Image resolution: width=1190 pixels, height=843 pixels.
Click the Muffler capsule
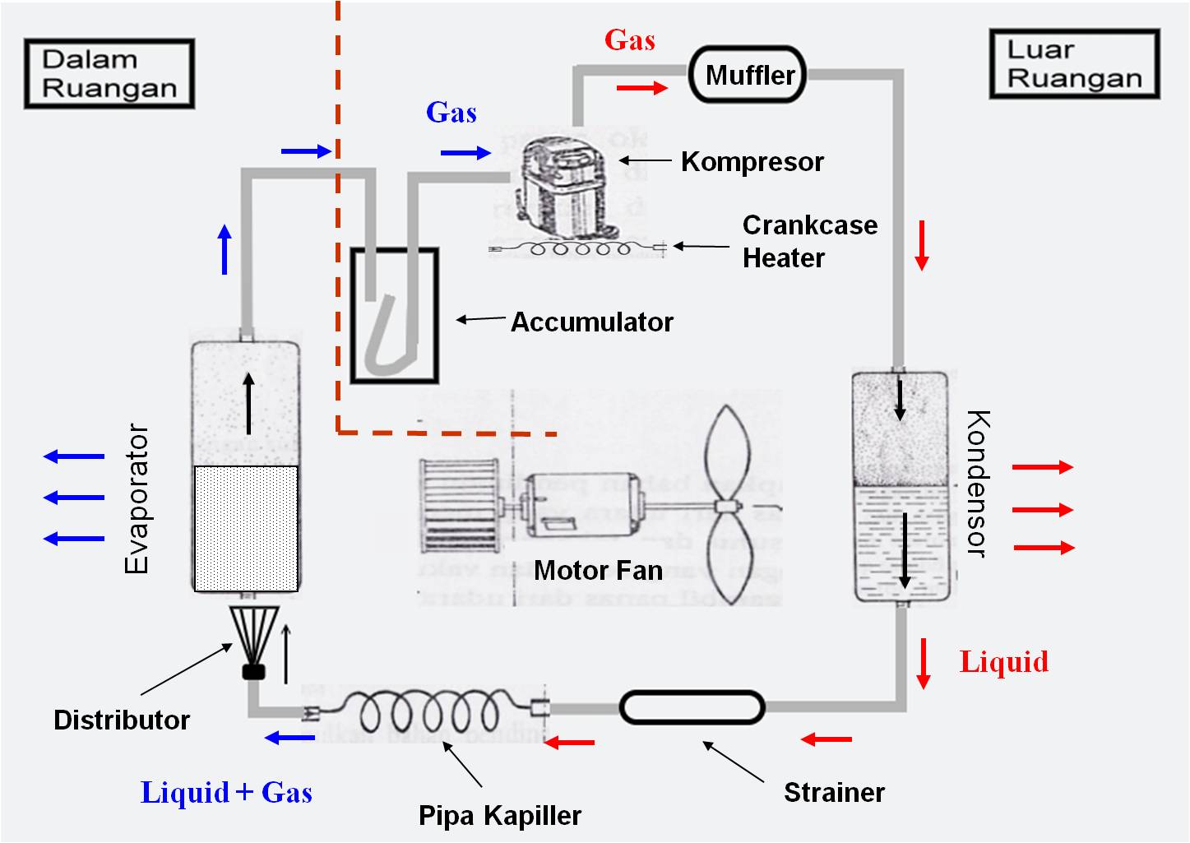[x=748, y=75]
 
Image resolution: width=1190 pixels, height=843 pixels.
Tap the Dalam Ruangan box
[x=109, y=74]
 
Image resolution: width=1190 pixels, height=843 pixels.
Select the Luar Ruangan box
[x=1074, y=64]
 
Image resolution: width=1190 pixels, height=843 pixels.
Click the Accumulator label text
[x=592, y=322]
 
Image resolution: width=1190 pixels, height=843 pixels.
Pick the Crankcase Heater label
[x=808, y=241]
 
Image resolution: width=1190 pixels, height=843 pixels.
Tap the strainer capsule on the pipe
[x=692, y=707]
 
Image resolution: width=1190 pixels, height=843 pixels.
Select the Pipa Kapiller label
[x=499, y=815]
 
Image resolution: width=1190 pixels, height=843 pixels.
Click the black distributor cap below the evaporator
[x=254, y=671]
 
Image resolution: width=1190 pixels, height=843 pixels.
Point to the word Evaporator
[x=137, y=498]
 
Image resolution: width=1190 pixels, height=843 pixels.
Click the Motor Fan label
[x=598, y=570]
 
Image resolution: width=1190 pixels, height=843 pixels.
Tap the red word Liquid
[x=1004, y=662]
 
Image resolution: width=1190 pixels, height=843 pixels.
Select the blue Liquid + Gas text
[x=226, y=792]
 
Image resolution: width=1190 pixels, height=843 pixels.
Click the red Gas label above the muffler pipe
[x=630, y=39]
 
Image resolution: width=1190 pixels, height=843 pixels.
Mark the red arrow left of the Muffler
[x=641, y=88]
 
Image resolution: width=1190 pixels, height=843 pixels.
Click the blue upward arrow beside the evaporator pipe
[x=225, y=250]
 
